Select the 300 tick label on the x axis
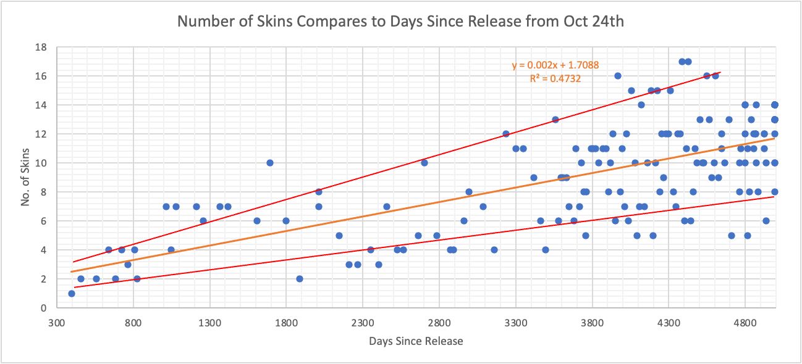click(57, 322)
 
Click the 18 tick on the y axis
click(43, 47)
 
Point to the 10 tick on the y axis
click(43, 163)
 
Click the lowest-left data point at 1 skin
click(72, 294)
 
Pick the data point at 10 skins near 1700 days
click(270, 163)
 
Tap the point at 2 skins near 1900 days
click(300, 279)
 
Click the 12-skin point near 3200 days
click(506, 134)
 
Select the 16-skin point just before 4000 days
click(617, 76)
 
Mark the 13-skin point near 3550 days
click(555, 120)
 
